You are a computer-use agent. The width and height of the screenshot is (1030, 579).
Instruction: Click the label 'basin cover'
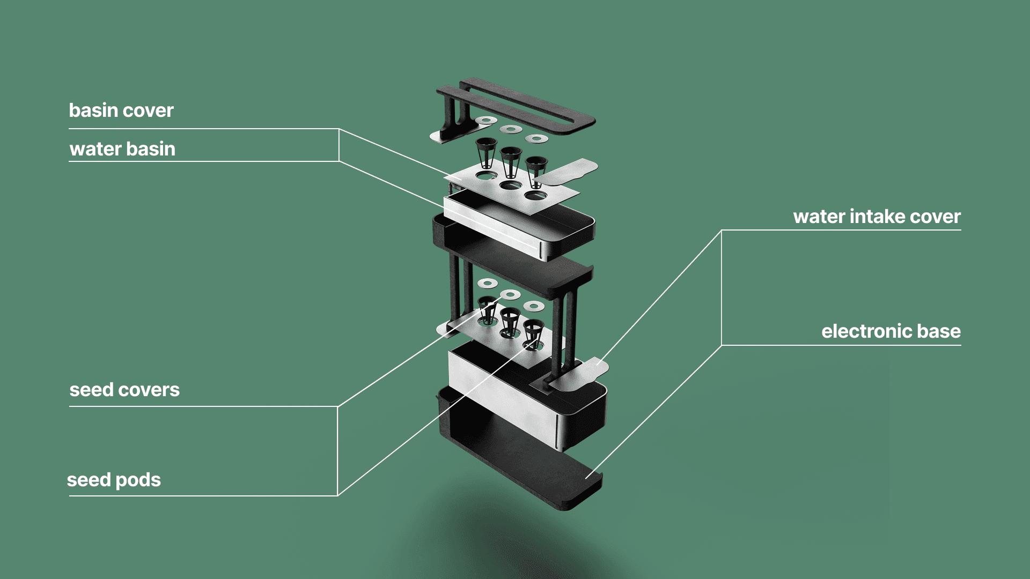click(121, 110)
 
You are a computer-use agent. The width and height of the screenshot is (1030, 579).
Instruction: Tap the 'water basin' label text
click(122, 149)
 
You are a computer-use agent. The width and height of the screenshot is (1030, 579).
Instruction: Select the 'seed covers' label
click(124, 390)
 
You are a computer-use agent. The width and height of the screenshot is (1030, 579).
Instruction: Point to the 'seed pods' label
click(114, 480)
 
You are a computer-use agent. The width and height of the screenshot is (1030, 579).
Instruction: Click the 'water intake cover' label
click(877, 217)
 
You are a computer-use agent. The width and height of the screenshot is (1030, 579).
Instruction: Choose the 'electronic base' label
click(891, 331)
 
